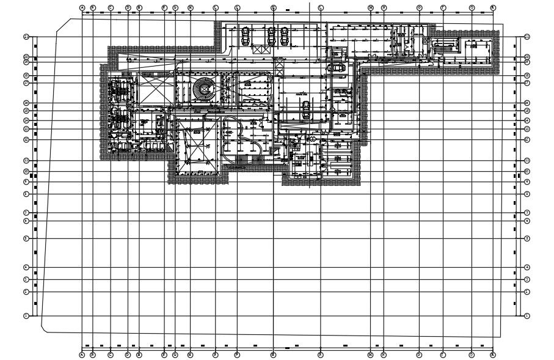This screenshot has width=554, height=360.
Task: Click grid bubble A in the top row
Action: coord(82,7)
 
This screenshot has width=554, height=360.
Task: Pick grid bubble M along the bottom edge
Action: coord(370,354)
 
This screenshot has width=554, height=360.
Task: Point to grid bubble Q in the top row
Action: coord(472,7)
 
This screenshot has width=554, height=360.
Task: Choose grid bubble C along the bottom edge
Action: coord(111,354)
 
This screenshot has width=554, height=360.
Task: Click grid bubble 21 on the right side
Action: coord(527,37)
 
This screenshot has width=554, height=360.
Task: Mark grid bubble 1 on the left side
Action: coord(26,316)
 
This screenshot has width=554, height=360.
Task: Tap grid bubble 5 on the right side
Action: coord(527,238)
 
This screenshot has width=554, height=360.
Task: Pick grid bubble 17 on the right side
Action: coord(527,83)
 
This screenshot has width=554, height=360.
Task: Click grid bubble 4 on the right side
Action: coord(527,268)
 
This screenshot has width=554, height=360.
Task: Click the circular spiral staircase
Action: coord(202,90)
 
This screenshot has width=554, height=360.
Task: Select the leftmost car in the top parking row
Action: coord(246,37)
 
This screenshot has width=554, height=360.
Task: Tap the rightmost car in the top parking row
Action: coord(285,37)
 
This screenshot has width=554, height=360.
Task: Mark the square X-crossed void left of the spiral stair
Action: coord(155,90)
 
